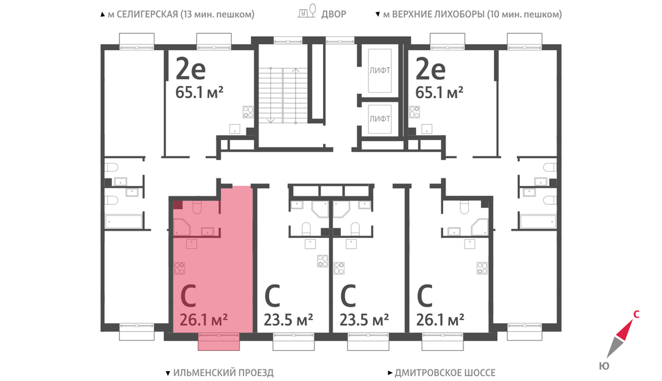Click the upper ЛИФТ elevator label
tap(379, 71)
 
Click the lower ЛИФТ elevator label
tap(379, 119)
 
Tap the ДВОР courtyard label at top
tap(333, 14)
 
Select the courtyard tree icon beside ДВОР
tap(307, 11)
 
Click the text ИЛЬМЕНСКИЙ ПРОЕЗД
tap(223, 372)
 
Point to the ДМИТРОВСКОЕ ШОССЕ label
tap(445, 372)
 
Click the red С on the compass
tap(636, 315)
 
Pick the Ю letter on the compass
tap(604, 366)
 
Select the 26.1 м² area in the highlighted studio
tap(204, 320)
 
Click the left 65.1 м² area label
tap(199, 92)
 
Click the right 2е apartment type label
tap(431, 69)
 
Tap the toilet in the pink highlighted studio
tap(197, 207)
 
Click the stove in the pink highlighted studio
tap(180, 268)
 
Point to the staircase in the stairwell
tap(283, 95)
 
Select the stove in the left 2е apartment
tap(248, 112)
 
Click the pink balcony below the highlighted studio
tap(219, 341)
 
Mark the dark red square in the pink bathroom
tap(178, 206)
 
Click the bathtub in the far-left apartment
tap(124, 221)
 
